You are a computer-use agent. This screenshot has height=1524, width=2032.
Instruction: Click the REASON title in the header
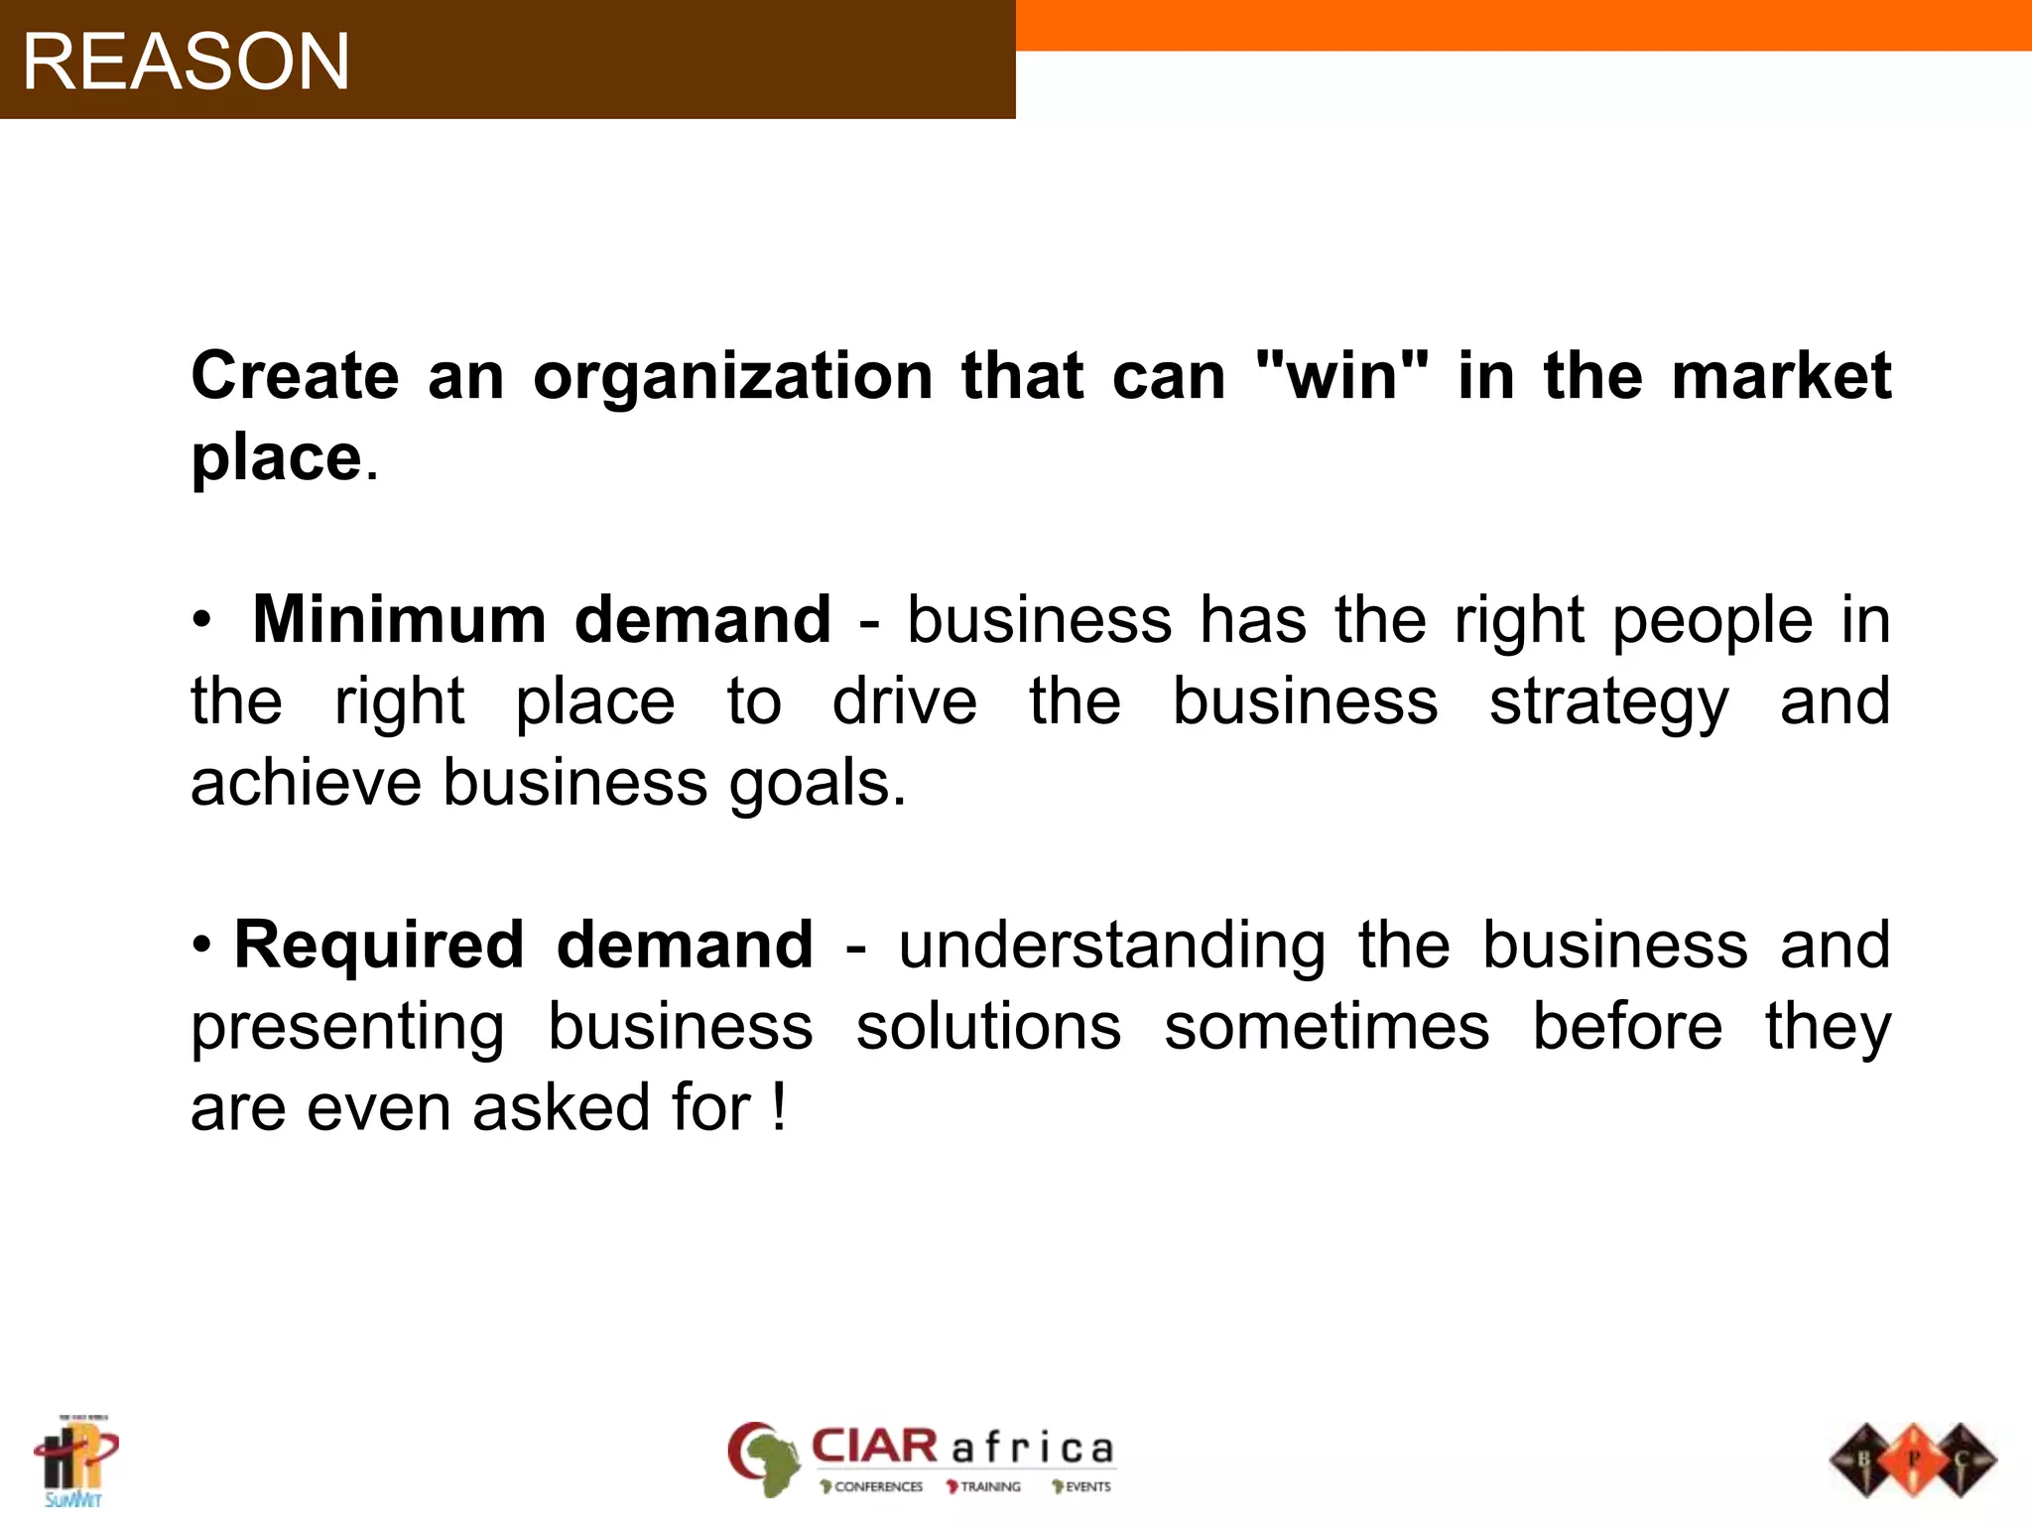(187, 62)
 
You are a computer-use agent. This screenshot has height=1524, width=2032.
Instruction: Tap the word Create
(295, 377)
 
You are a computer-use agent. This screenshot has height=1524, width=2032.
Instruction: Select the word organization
(732, 377)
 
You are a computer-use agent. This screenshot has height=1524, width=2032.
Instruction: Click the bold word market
(1781, 377)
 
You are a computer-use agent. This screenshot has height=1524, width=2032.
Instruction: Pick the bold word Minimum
(399, 620)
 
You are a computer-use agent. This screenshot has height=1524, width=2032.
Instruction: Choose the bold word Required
(379, 945)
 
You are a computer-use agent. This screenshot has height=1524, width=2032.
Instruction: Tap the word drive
(904, 702)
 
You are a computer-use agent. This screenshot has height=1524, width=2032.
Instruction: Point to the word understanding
(1111, 947)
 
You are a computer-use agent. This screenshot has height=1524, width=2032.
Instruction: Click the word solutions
(988, 1027)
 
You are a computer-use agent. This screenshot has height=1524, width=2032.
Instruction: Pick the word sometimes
(1327, 1027)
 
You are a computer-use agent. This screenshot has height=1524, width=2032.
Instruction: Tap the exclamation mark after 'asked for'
(780, 1107)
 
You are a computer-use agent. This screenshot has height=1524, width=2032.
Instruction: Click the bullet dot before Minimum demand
(202, 620)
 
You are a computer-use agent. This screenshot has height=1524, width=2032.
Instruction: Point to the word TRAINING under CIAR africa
(989, 1486)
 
